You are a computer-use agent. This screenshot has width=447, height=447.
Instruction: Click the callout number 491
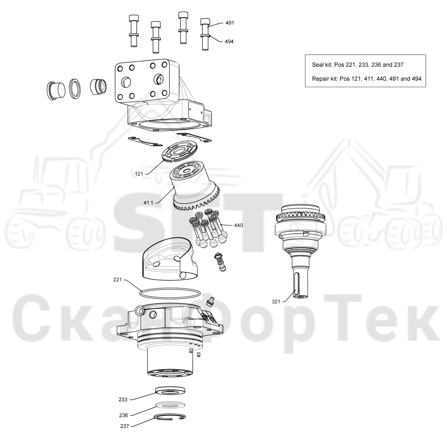[x=230, y=23]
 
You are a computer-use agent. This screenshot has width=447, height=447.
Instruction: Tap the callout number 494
[x=229, y=42]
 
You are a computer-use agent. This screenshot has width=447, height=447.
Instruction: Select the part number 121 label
[x=139, y=174]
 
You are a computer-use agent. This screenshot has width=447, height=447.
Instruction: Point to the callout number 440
[x=238, y=225]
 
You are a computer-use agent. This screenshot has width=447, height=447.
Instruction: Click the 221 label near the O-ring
[x=117, y=280]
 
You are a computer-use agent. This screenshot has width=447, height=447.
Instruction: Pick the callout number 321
[x=276, y=302]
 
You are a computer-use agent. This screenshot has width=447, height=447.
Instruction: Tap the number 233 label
[x=123, y=400]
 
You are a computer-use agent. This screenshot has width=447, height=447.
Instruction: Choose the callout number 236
[x=124, y=415]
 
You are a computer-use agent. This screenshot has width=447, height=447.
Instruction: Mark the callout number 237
[x=125, y=426]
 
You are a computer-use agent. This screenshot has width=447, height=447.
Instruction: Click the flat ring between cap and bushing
[x=75, y=89]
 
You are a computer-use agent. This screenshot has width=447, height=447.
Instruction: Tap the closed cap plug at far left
[x=56, y=91]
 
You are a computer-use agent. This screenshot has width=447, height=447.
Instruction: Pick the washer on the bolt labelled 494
[x=205, y=35]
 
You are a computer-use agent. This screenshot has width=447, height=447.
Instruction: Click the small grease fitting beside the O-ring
[x=210, y=301]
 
